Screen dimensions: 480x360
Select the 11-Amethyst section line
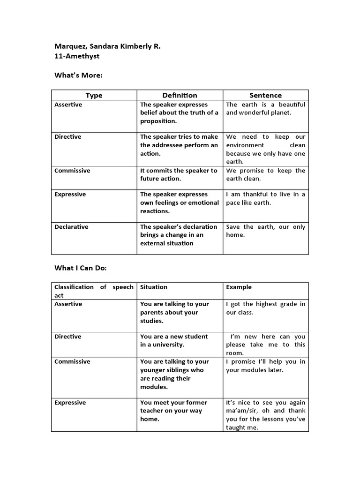[x=77, y=56]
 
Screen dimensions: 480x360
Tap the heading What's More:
[x=78, y=75]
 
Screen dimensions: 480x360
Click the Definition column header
[x=180, y=95]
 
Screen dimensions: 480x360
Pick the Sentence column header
[x=265, y=95]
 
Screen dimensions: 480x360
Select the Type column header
[x=94, y=95]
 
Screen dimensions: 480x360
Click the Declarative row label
[x=71, y=227]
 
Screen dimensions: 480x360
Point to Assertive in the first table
[x=68, y=105]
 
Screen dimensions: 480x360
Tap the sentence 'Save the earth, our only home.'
[x=265, y=231]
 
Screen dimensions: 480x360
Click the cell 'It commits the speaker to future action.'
[x=179, y=174]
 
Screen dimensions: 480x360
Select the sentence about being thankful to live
[x=265, y=198]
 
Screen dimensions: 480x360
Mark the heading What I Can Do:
[x=81, y=268]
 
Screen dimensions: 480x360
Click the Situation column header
[x=154, y=287]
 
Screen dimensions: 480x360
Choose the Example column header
[x=239, y=287]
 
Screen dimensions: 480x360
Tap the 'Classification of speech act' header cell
[x=94, y=291]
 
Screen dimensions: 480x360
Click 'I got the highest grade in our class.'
[x=265, y=308]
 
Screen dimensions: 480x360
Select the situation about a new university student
[x=174, y=340]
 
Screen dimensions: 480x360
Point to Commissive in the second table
[x=73, y=361]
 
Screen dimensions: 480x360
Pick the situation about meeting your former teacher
[x=174, y=411]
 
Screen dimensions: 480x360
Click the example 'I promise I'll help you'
[x=265, y=366]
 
